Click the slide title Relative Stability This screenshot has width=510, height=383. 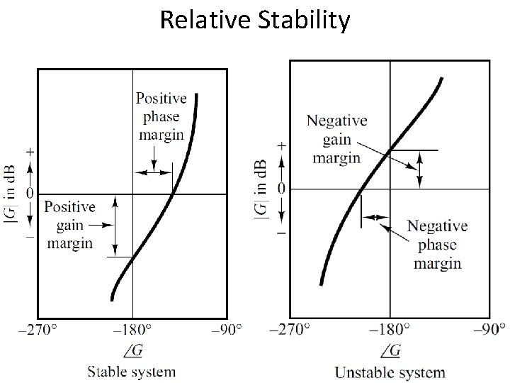click(x=255, y=21)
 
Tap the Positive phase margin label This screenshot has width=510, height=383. click(x=161, y=116)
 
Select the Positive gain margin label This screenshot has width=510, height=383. click(x=69, y=225)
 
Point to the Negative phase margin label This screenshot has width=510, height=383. click(x=436, y=245)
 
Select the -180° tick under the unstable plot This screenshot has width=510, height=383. click(x=388, y=330)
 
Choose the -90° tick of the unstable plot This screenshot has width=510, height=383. click(x=489, y=330)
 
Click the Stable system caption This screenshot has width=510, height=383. click(x=131, y=371)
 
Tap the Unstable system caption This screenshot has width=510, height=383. click(x=390, y=372)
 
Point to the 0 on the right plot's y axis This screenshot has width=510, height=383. click(x=282, y=189)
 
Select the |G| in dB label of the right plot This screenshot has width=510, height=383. click(x=261, y=189)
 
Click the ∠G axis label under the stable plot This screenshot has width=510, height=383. click(x=132, y=350)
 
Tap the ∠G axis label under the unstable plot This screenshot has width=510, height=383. click(x=390, y=350)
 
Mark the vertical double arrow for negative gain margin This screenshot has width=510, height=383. click(x=420, y=170)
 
